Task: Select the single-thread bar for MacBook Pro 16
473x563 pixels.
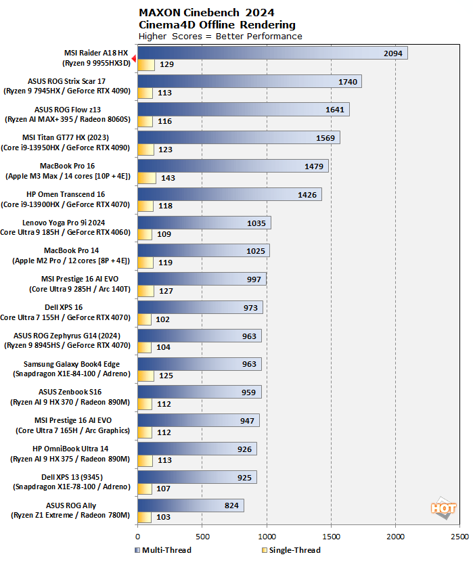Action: pyautogui.click(x=147, y=178)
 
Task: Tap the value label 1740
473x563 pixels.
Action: pyautogui.click(x=347, y=81)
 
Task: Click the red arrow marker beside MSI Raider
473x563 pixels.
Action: pyautogui.click(x=134, y=60)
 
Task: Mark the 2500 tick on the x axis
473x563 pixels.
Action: pyautogui.click(x=460, y=536)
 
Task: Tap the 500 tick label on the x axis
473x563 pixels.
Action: pyautogui.click(x=202, y=536)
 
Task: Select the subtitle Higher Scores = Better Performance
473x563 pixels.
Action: pyautogui.click(x=220, y=36)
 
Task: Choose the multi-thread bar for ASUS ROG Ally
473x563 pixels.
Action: pyautogui.click(x=190, y=505)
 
